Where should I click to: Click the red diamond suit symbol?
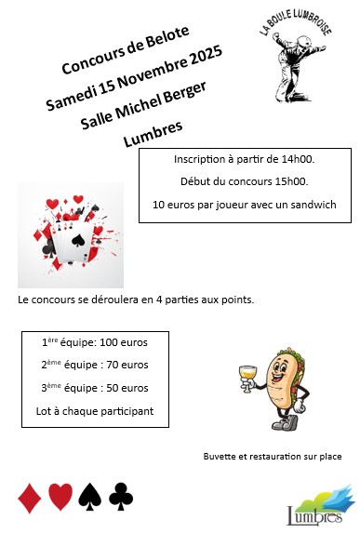coord(28,498)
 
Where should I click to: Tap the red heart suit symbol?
coord(60,498)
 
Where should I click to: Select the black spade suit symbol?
coord(89,498)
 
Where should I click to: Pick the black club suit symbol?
coord(120,498)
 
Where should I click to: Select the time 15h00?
coord(291,181)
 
